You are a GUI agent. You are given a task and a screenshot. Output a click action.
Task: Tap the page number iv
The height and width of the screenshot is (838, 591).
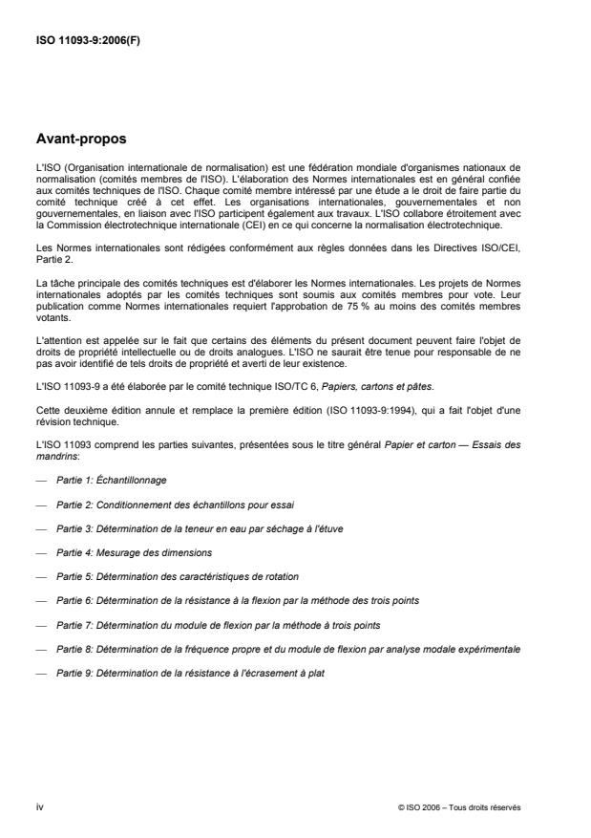pyautogui.click(x=39, y=807)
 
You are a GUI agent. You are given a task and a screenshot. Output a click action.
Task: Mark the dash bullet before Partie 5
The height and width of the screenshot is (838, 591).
pyautogui.click(x=41, y=576)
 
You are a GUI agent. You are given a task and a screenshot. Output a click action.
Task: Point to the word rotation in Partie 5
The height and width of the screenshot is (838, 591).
pyautogui.click(x=279, y=576)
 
